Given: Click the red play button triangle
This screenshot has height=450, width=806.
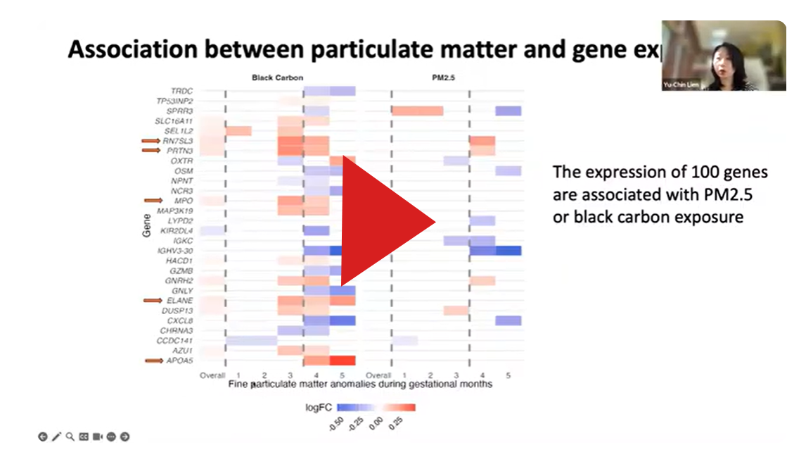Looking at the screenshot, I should pyautogui.click(x=383, y=221).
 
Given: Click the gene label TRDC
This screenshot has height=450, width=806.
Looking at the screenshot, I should pyautogui.click(x=181, y=91).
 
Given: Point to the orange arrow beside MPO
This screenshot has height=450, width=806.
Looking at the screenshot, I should pyautogui.click(x=152, y=201).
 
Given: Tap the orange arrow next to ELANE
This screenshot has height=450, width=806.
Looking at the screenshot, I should pyautogui.click(x=152, y=301).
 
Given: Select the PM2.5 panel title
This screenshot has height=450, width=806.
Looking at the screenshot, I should pyautogui.click(x=443, y=77).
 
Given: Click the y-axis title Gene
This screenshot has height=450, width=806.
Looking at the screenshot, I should pyautogui.click(x=146, y=225).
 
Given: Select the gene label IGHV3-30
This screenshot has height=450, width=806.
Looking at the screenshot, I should pyautogui.click(x=174, y=251).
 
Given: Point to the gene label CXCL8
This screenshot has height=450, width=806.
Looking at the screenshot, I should pyautogui.click(x=179, y=320).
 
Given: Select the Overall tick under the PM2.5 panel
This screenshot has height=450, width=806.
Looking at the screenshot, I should pyautogui.click(x=379, y=375).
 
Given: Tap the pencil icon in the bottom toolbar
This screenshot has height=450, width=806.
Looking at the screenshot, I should pyautogui.click(x=56, y=437).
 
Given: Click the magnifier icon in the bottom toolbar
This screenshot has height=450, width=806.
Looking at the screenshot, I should pyautogui.click(x=70, y=437).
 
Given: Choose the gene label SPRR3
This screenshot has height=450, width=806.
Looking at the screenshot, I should pyautogui.click(x=179, y=111).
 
